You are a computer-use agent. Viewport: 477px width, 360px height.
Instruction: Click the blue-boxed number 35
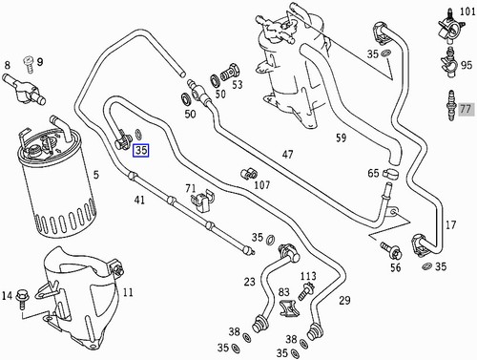tap(141, 150)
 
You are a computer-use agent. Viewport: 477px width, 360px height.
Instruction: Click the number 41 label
tap(139, 200)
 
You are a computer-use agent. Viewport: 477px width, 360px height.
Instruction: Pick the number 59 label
tap(341, 138)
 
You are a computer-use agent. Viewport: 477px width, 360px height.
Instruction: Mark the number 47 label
tap(287, 154)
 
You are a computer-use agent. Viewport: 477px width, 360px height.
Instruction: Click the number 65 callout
tap(374, 174)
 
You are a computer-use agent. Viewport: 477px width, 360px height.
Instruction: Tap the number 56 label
tap(395, 269)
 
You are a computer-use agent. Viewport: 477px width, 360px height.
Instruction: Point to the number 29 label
tap(344, 301)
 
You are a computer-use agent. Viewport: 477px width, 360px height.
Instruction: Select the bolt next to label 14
tap(25, 295)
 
